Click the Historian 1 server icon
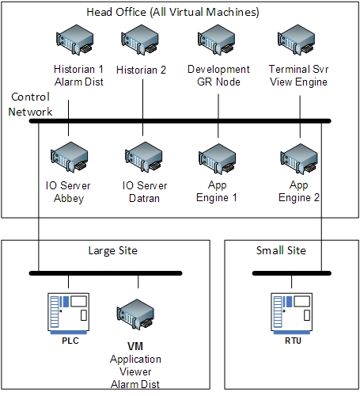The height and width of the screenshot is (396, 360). coord(75,40)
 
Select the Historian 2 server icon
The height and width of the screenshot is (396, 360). coord(140,40)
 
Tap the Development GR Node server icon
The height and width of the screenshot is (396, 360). coord(217,40)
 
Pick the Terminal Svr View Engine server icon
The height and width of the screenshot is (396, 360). coord(297,40)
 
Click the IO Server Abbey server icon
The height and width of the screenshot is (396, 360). coord(70,158)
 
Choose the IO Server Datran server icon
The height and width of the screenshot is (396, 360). coord(144,158)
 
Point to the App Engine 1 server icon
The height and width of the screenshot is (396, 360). coord(218,159)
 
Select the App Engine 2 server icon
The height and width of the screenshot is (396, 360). coord(299,159)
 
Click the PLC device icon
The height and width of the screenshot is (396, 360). coord(69,314)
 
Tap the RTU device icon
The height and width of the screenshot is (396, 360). coord(292,314)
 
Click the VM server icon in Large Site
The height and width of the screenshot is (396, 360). coord(135,314)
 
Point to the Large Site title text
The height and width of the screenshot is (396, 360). coord(113,250)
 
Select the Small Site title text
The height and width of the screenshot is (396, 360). coord(281,250)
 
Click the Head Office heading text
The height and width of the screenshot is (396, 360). coord(173,12)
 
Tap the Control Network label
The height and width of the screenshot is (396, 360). coord(30,105)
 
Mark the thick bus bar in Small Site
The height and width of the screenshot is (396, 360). coord(292,273)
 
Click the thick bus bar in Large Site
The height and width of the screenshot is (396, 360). coord(105,273)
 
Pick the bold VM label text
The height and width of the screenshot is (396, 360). coord(135,346)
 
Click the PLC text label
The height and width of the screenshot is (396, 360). coord(70,341)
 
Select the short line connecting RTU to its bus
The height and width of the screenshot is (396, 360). coord(291,282)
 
